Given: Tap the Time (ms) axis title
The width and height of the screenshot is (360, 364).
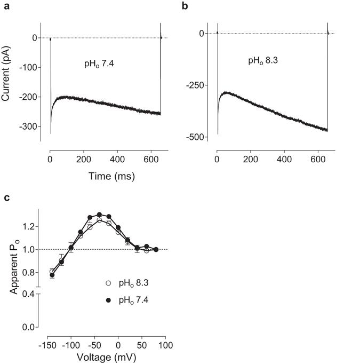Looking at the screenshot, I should coord(105,176).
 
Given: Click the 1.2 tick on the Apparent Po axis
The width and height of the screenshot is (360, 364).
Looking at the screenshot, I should coord(29,227).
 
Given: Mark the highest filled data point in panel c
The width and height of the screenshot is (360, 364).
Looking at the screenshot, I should coord(99,215).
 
